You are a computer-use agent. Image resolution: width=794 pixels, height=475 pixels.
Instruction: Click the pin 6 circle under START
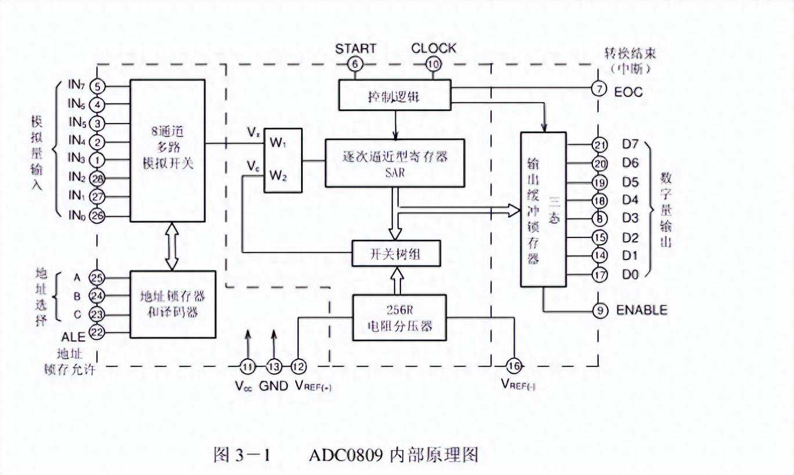[355, 64]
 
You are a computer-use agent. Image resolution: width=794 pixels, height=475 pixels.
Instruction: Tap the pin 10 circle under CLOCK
[433, 64]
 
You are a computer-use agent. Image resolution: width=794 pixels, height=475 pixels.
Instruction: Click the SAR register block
[395, 163]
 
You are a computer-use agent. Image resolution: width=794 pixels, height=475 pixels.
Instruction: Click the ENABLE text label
[642, 310]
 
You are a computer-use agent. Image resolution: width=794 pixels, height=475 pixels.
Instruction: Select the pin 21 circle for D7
[599, 145]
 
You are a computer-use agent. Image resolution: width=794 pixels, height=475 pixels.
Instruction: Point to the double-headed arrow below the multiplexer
[171, 246]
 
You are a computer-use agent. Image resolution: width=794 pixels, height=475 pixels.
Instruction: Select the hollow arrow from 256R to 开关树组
[395, 280]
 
